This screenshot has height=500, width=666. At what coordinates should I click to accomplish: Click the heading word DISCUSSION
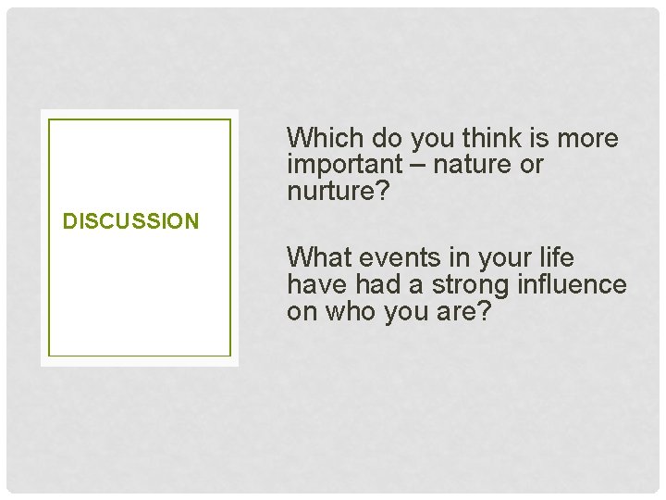click(130, 221)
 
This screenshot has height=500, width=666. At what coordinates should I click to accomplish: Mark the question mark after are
click(483, 312)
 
